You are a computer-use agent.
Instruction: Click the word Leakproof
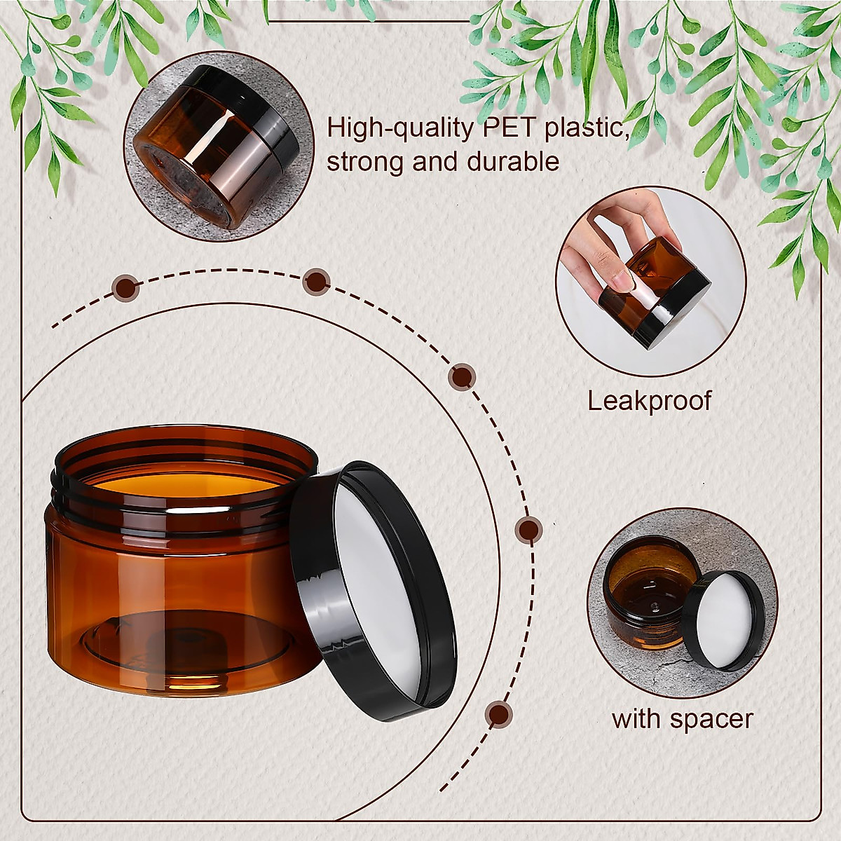click(x=648, y=401)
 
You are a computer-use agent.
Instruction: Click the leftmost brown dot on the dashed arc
click(x=126, y=287)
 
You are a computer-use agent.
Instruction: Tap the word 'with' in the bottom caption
click(x=636, y=719)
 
